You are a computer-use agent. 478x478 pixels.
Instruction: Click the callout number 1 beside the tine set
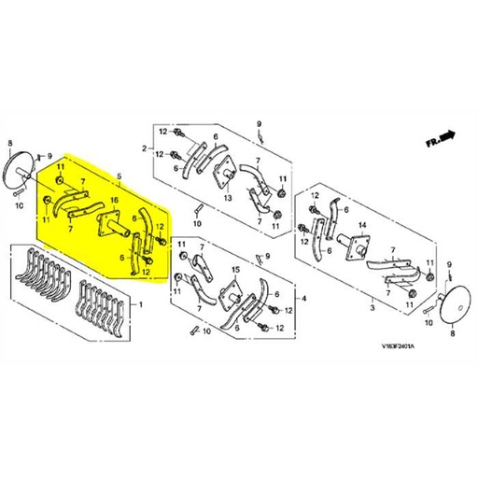coord(140,305)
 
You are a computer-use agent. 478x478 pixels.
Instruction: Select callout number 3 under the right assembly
coord(372,306)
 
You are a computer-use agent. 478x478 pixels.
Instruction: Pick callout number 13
coord(227,199)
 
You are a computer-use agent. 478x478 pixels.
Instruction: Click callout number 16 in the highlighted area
coord(114,200)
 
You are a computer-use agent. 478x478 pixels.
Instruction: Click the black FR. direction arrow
coord(449,137)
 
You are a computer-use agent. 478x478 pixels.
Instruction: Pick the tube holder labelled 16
coord(112,225)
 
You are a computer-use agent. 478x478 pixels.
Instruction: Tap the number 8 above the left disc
coord(9,143)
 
